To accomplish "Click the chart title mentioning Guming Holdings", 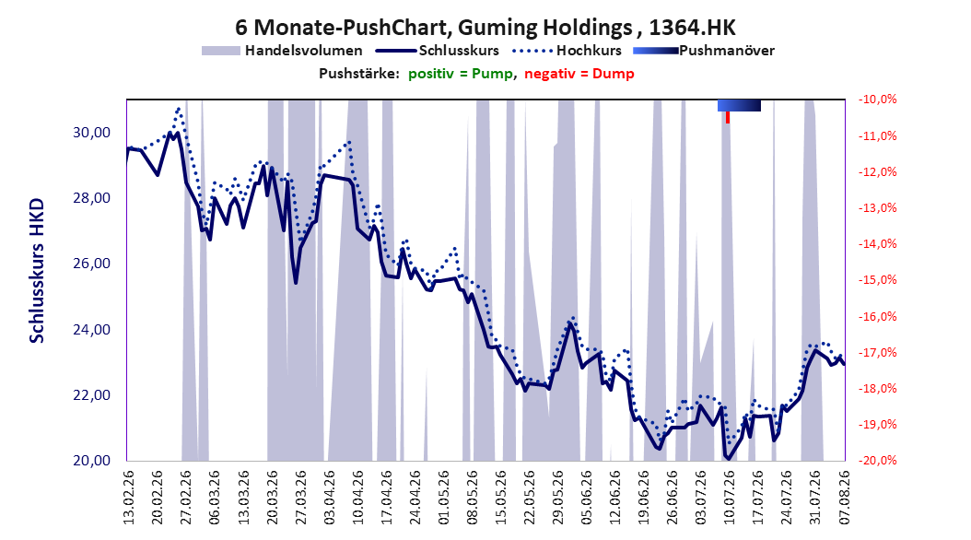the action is point(485,28).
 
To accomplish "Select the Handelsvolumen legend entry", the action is point(282,51).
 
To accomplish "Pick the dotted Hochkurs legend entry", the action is point(567,51).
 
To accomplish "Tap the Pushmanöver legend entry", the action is point(704,51).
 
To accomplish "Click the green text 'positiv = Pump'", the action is point(461,74).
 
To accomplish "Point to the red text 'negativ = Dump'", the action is point(579,74).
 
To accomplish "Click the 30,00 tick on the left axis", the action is point(91,133).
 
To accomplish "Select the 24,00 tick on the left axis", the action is point(91,330).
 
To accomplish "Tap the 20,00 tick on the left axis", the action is point(91,461).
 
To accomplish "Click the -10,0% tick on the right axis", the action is point(877,100).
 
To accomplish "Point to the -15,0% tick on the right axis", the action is point(877,280).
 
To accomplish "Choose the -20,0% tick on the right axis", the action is point(877,461).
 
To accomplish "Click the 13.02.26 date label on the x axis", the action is point(129,498).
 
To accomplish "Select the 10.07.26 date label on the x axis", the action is point(729,498).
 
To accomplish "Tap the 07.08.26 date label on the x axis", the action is point(844,498).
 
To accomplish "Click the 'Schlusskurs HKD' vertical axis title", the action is point(37,271).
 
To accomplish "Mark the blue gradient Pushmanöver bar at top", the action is point(739,105).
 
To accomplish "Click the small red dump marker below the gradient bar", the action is point(728,117).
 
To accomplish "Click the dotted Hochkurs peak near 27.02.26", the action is point(179,109).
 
